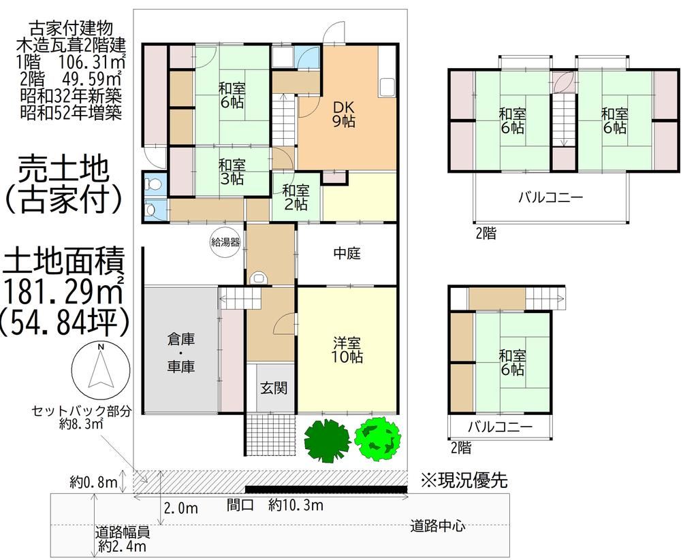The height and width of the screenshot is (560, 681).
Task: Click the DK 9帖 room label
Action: tap(344, 114)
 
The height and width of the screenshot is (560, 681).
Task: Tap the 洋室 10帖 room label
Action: tap(347, 350)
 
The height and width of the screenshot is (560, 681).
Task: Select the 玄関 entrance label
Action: tap(274, 388)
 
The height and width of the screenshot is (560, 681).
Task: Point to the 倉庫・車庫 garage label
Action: tap(180, 353)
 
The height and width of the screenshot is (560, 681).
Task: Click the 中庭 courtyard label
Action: tap(347, 253)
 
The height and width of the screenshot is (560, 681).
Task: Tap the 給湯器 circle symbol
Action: tap(225, 242)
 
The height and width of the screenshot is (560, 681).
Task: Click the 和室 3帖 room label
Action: tap(232, 172)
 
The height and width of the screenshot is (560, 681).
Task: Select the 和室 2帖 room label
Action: tap(296, 197)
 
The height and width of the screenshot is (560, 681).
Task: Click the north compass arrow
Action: tap(100, 367)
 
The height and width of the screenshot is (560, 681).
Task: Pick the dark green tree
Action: tap(327, 440)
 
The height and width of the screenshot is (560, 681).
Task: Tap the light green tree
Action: tap(377, 438)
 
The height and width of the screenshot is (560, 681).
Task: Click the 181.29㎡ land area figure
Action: tap(63, 290)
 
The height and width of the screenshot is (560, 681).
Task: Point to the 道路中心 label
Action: tap(438, 526)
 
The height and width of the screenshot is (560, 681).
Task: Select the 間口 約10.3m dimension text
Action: tap(275, 505)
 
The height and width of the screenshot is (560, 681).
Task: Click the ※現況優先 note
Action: tap(464, 480)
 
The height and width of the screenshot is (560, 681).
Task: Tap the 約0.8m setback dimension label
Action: tap(94, 482)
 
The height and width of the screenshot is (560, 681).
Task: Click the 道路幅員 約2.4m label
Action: tap(123, 539)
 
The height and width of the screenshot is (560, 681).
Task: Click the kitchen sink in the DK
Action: tap(387, 88)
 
